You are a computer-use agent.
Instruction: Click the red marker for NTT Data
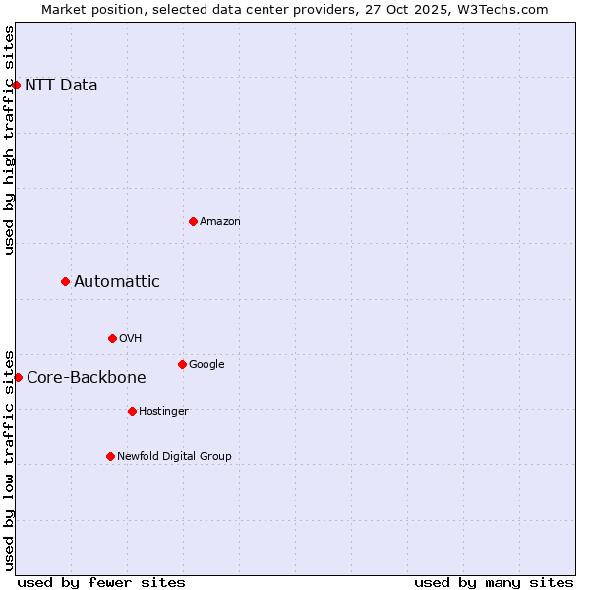(16, 85)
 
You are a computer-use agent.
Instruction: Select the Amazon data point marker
(193, 221)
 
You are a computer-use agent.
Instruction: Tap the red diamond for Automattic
(65, 281)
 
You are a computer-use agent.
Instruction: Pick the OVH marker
(112, 338)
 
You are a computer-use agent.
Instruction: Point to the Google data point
(182, 364)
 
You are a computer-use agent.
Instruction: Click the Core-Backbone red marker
(18, 377)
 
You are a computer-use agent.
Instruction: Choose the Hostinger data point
(132, 411)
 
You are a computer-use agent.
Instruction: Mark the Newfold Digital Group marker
(110, 456)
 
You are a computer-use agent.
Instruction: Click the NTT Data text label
(61, 85)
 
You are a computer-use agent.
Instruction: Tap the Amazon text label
(220, 222)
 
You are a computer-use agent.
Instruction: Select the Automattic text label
(117, 282)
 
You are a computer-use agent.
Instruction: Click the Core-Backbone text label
(87, 378)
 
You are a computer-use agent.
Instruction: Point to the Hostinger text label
(163, 411)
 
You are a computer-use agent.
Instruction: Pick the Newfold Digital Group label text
(174, 456)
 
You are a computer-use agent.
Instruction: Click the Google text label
(206, 365)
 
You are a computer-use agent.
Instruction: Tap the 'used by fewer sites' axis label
(101, 582)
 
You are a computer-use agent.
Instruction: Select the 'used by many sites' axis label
(494, 582)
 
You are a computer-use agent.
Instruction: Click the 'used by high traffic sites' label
(9, 140)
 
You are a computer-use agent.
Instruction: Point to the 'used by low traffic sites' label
(9, 459)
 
